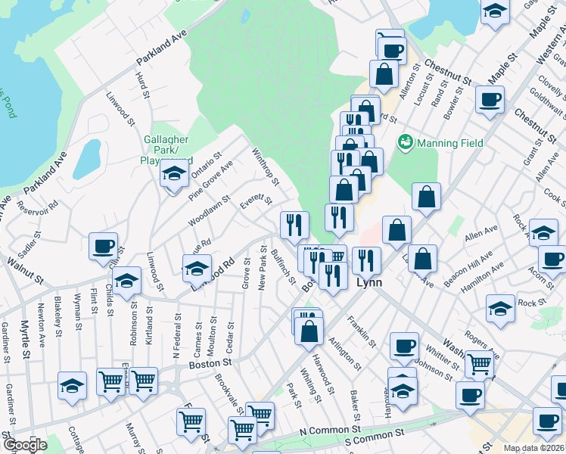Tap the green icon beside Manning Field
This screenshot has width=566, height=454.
[406, 141]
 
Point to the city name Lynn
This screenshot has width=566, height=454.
[369, 281]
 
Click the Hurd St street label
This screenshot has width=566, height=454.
[141, 86]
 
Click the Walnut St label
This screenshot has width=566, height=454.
[24, 269]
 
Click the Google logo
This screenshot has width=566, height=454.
[24, 445]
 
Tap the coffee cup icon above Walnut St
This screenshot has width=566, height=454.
[103, 246]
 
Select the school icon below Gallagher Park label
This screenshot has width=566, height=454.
[174, 174]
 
